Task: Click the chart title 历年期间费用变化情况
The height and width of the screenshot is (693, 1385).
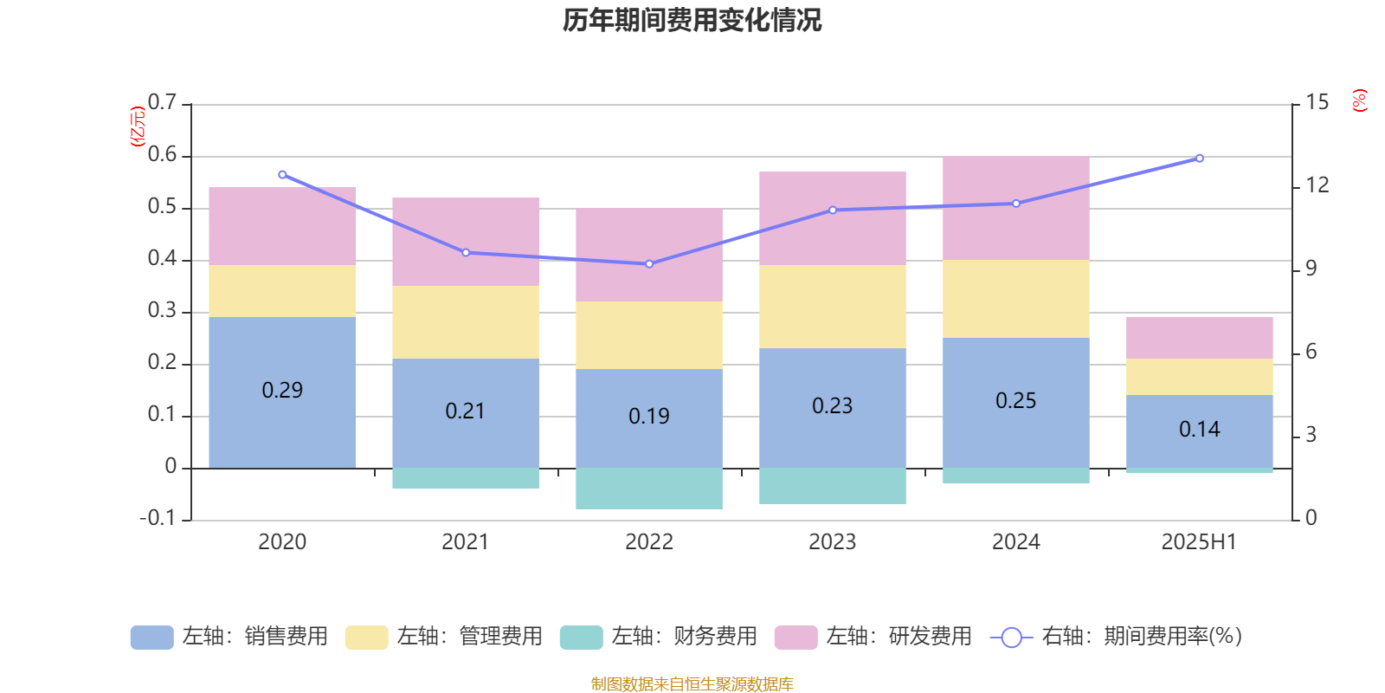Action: [692, 20]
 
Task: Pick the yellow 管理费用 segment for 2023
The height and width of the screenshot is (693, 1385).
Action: [832, 307]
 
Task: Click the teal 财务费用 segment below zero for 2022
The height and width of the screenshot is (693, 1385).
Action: [648, 489]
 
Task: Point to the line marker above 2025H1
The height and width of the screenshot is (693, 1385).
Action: [1199, 159]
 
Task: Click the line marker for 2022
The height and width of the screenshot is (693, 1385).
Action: [649, 263]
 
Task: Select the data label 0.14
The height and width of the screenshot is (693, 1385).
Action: [1199, 429]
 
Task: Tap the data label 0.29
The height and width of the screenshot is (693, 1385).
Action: [282, 390]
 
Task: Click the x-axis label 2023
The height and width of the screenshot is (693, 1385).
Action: [832, 541]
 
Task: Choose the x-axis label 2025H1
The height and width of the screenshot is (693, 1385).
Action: [1199, 541]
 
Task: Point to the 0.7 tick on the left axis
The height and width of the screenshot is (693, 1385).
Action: [162, 102]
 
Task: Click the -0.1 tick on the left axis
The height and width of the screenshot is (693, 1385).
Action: [158, 518]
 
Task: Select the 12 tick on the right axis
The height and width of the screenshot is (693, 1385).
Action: [1317, 185]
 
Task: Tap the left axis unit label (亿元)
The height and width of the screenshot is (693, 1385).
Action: [137, 126]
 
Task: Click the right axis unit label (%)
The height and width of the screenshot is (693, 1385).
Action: [1359, 100]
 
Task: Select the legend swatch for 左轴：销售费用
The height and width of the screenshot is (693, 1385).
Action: [151, 638]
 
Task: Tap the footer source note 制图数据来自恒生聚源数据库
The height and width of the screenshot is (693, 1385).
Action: [692, 684]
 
